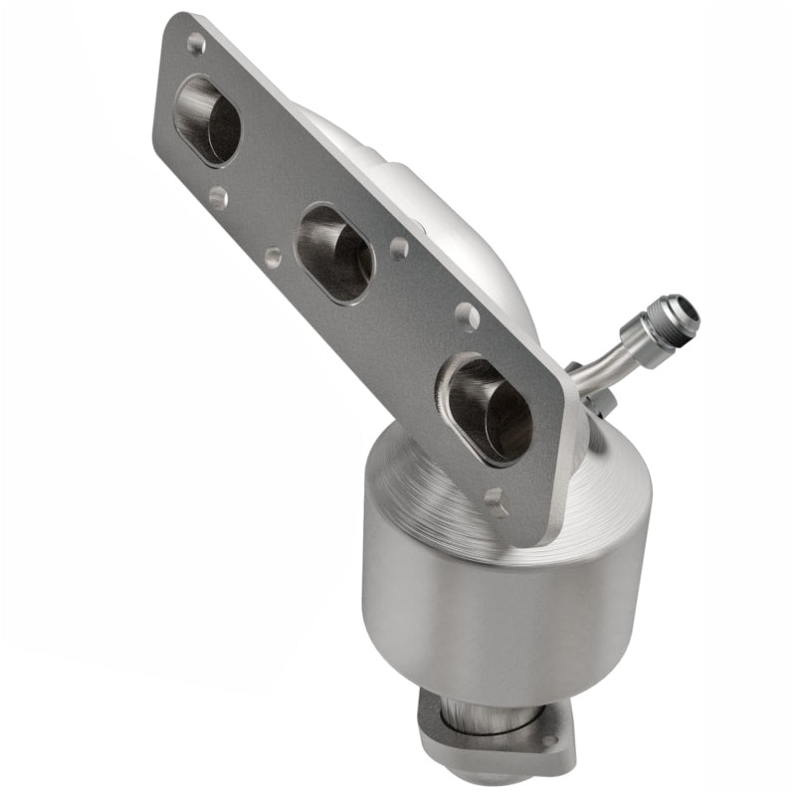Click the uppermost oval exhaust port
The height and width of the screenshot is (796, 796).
pos(207,119)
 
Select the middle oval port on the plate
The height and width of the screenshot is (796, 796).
pos(335,253)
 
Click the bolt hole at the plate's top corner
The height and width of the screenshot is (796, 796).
pos(196,43)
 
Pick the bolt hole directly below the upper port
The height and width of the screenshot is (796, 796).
pos(218,197)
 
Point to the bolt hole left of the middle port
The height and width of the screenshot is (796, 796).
pos(272,258)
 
